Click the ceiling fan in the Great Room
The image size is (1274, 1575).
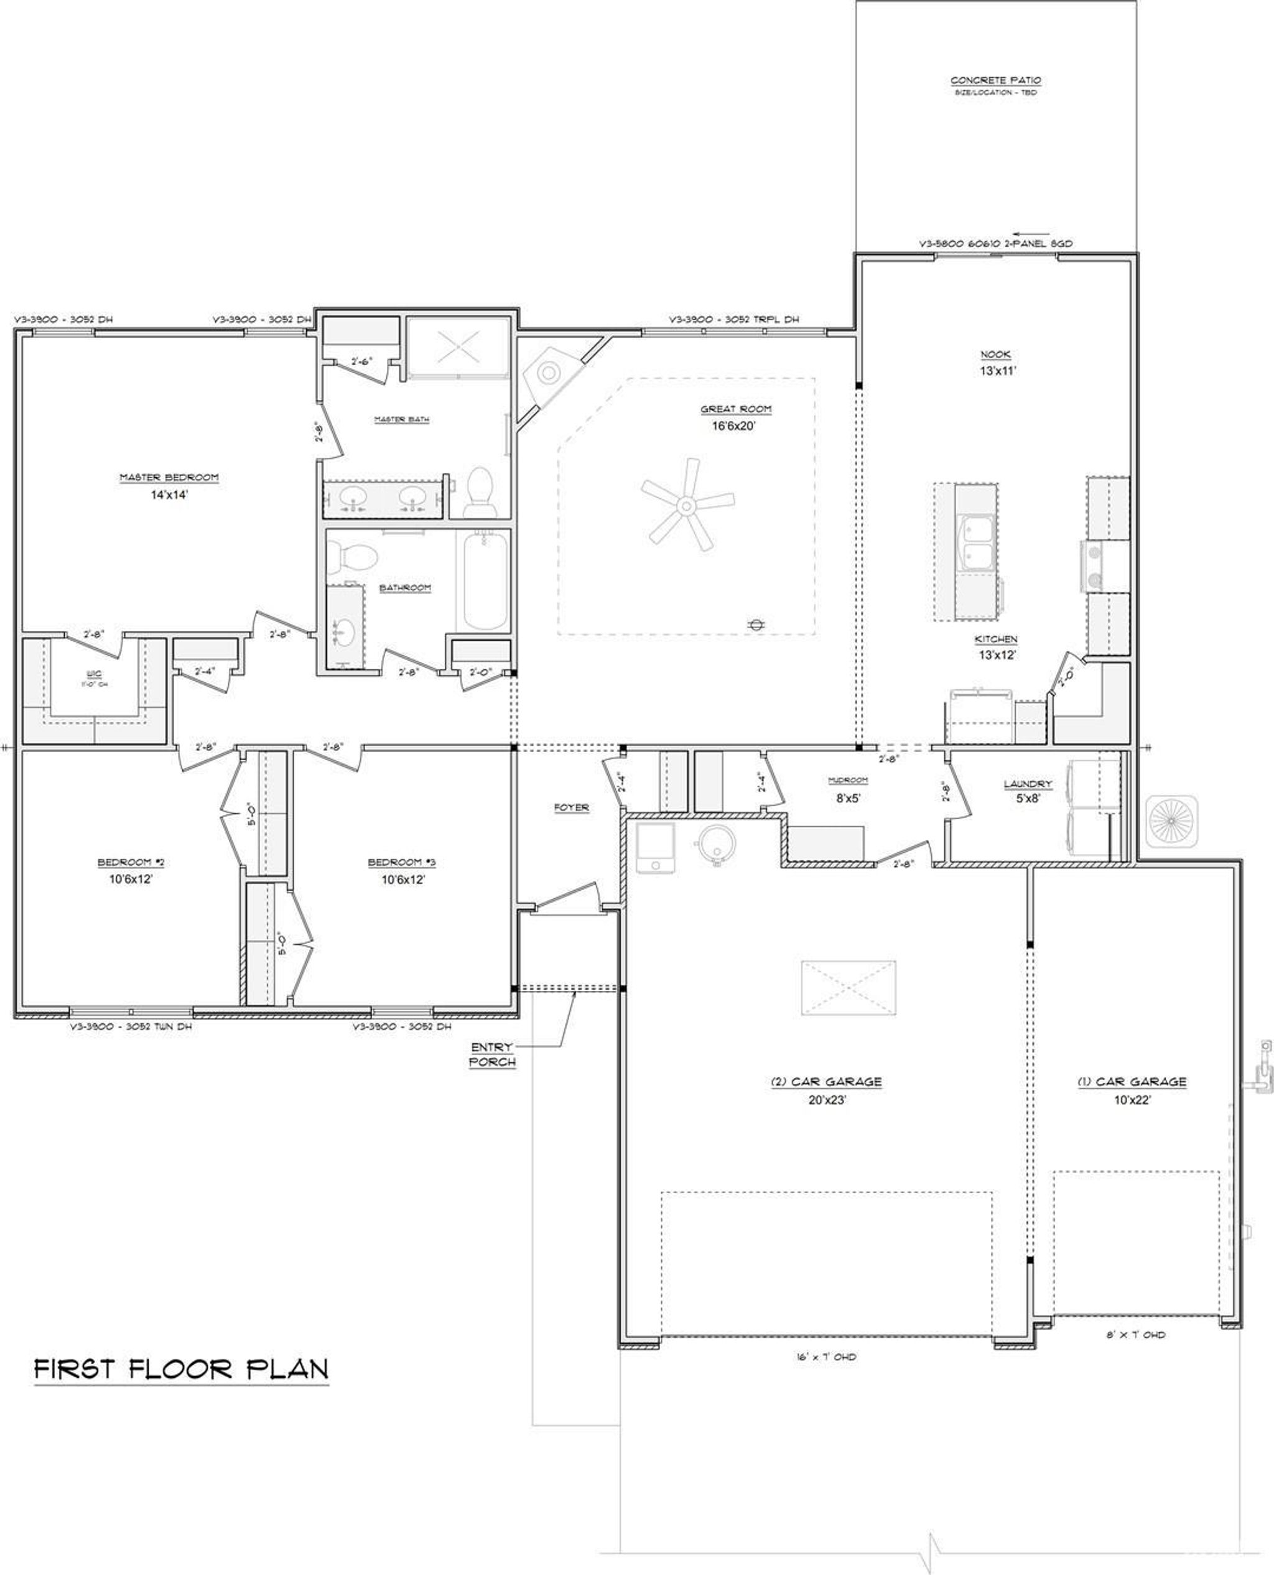(686, 506)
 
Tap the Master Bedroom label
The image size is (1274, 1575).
(170, 478)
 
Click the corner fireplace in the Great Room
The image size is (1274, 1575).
(549, 373)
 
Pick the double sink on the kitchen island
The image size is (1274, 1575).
(976, 542)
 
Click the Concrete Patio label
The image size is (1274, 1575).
(995, 81)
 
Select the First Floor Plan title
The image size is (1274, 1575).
(181, 1368)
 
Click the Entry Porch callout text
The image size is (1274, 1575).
(493, 1054)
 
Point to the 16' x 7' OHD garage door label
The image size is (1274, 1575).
(825, 1357)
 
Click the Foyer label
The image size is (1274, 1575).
(571, 807)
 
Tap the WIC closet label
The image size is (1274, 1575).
(94, 673)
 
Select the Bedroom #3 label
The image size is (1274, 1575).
(402, 862)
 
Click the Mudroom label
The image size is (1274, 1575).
(848, 780)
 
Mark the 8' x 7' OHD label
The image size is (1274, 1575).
(1135, 1335)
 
